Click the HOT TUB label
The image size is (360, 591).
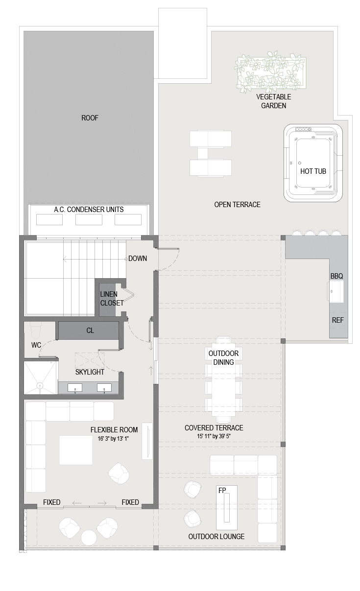tap(313, 171)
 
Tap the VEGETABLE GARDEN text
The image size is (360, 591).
tap(274, 101)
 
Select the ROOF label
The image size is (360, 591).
tap(90, 118)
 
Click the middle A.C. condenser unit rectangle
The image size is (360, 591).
tap(89, 219)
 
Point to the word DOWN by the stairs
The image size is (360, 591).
tap(138, 259)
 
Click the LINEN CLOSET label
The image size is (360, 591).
tap(112, 298)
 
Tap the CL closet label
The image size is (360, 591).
tap(90, 331)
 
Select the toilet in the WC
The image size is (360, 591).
tap(36, 331)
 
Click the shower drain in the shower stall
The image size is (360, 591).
tap(40, 385)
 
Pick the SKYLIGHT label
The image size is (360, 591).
tap(90, 372)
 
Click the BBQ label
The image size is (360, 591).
tap(337, 276)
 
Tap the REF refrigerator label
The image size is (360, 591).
tap(338, 320)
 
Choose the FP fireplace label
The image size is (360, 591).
tap(222, 490)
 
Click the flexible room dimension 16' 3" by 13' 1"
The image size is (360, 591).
tap(113, 439)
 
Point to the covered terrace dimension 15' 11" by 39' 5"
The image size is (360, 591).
tap(214, 436)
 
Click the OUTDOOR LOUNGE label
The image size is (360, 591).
tap(216, 536)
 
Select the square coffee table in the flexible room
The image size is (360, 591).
tap(76, 450)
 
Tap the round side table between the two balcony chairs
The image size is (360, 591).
tap(89, 538)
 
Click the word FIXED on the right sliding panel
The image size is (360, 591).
tap(130, 502)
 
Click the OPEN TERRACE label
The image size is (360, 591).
tap(237, 205)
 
